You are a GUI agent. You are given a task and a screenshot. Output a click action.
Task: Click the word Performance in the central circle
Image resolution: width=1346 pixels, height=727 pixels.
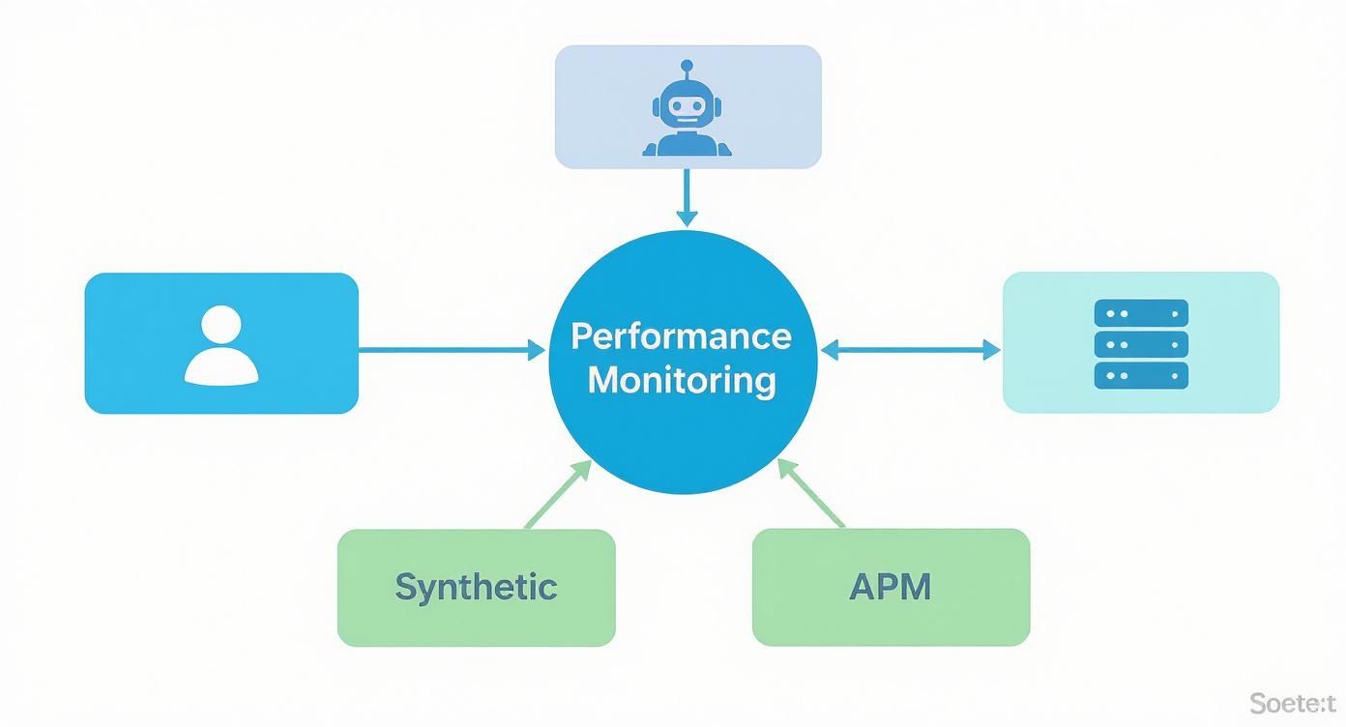681,336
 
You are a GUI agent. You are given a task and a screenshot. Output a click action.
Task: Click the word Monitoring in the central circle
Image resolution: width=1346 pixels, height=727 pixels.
681,380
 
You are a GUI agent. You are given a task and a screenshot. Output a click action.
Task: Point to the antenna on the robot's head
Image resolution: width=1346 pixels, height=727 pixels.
687,69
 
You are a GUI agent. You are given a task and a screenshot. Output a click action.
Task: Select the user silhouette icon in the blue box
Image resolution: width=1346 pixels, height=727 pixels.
221,345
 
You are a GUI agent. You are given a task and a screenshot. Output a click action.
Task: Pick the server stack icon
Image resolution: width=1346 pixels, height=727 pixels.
1141,344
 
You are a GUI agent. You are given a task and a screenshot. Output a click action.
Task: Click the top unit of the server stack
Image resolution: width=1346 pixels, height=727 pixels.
1141,313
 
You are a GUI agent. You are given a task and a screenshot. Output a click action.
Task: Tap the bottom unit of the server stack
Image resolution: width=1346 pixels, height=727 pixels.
1141,375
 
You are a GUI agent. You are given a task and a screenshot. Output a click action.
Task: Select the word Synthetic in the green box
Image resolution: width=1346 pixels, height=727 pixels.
476,587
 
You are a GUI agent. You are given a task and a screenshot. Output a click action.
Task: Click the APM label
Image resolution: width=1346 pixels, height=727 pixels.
890,587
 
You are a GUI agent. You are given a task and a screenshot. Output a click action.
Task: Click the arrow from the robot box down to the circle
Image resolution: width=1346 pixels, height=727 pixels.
686,197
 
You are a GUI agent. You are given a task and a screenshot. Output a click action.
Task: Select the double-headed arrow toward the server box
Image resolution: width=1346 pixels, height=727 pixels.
910,350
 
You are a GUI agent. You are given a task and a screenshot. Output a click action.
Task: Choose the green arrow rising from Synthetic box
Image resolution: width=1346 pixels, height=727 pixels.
558,494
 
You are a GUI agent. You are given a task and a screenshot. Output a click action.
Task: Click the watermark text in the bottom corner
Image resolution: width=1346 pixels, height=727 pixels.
1292,703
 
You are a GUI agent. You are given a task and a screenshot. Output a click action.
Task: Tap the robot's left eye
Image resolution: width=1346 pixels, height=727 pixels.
674,106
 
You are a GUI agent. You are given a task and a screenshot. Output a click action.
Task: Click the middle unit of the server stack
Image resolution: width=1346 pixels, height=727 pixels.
1141,344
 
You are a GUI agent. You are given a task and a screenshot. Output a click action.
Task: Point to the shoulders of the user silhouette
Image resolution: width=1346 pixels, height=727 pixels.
221,369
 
